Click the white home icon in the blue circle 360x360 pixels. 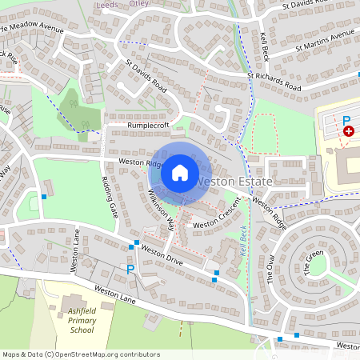click(180, 172)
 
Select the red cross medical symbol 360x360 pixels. click(349, 130)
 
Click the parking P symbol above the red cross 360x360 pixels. click(347, 120)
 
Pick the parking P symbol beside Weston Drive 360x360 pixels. click(130, 270)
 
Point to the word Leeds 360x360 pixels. click(107, 3)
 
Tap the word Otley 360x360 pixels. click(140, 3)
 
